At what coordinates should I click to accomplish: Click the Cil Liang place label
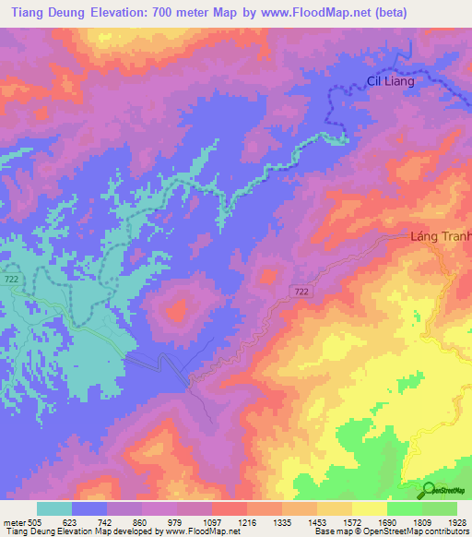(391, 81)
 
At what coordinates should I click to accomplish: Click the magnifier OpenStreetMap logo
(429, 490)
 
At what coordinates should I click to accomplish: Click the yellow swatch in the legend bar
(370, 508)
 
